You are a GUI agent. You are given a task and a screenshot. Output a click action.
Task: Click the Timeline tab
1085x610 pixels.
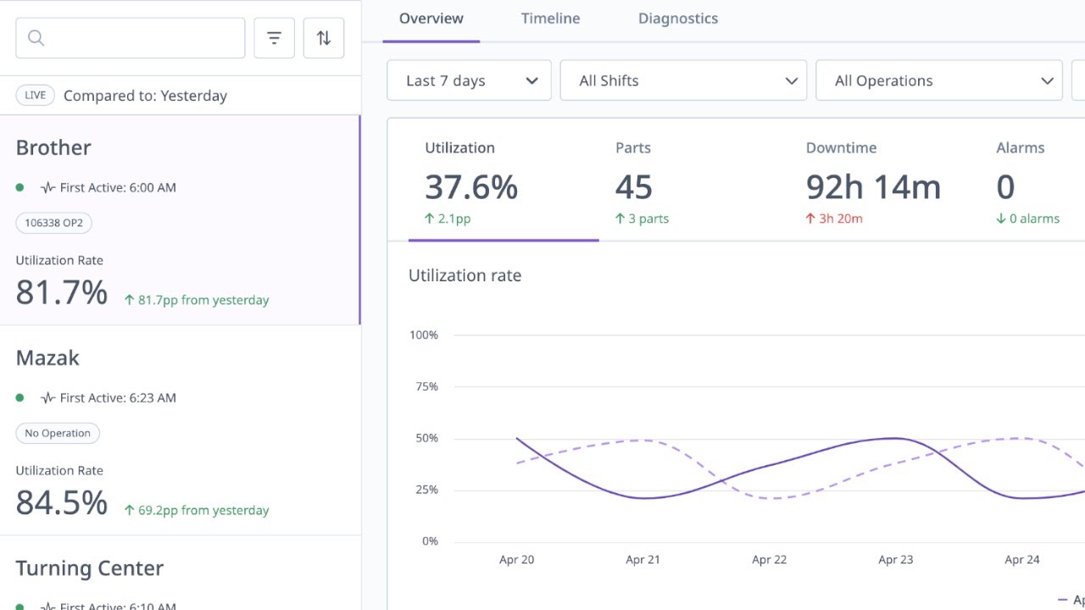click(550, 19)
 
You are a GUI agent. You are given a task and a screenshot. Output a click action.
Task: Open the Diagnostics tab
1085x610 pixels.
click(677, 19)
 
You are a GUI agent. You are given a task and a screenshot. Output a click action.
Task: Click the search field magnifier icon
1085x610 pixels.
click(36, 38)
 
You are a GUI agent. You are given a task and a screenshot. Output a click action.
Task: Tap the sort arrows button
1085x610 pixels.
click(324, 38)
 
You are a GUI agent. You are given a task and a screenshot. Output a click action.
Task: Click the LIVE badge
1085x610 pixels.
click(35, 96)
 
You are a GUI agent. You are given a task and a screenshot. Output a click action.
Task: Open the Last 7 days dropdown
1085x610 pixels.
click(469, 80)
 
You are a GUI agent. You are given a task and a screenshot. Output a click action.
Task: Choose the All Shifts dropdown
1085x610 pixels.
click(683, 80)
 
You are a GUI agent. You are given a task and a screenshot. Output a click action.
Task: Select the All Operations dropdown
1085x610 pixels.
click(938, 80)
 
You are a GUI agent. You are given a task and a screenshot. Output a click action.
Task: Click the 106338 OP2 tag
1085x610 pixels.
click(54, 223)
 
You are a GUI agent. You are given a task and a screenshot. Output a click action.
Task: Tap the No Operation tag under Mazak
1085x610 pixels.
click(58, 433)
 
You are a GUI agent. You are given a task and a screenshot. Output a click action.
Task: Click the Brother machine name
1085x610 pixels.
click(53, 147)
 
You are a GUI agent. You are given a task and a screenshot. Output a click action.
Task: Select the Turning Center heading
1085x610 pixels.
click(89, 568)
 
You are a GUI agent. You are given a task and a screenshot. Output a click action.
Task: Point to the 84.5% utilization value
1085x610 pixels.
click(62, 502)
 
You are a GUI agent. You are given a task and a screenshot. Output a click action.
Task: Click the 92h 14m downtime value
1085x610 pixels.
click(873, 187)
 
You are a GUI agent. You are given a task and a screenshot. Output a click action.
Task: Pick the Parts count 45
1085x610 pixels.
click(634, 187)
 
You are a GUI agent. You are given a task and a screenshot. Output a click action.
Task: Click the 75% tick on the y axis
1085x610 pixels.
click(424, 386)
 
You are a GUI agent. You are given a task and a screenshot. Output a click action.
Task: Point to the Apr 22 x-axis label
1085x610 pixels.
click(769, 559)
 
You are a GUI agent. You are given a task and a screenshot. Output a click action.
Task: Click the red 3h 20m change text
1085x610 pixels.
click(840, 219)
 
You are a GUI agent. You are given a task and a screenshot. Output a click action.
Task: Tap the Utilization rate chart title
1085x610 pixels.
click(465, 275)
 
